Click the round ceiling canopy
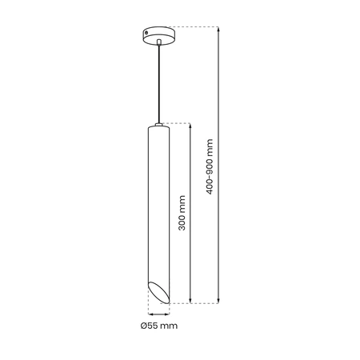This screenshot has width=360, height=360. (158, 34)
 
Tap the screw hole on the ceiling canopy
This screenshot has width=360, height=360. (146, 33)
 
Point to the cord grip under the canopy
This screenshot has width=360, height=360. (158, 42)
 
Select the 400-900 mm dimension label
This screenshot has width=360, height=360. (210, 165)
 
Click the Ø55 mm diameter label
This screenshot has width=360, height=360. (158, 326)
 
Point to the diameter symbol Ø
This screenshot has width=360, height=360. (142, 326)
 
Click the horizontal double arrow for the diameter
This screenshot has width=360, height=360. (158, 314)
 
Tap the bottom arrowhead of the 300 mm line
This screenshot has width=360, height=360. (189, 300)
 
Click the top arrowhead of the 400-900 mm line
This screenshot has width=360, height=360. (218, 29)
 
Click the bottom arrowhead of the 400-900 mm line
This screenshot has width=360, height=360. (218, 300)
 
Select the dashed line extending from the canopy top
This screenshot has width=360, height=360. (196, 26)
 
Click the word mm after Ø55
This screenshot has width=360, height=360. (168, 326)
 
